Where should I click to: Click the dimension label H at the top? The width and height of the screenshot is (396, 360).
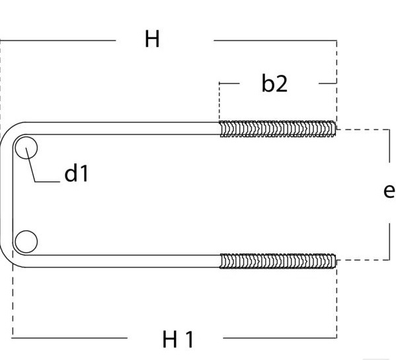click(152, 38)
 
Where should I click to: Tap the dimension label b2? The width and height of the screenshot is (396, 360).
click(274, 83)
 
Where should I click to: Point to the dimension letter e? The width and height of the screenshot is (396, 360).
click(389, 191)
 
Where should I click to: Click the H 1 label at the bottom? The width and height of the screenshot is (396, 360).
click(178, 339)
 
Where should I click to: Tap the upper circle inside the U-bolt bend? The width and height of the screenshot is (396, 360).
click(26, 148)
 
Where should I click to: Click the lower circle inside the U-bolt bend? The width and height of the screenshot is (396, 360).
click(26, 242)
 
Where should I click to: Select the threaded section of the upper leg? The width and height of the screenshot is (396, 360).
click(278, 129)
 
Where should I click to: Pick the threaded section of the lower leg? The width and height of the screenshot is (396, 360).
click(278, 261)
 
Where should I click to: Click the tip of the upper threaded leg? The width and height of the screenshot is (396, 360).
click(336, 129)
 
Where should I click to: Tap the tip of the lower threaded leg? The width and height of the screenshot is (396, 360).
click(336, 261)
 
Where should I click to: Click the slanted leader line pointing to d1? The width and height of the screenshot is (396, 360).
click(30, 165)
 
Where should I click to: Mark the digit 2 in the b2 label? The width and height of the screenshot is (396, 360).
click(281, 84)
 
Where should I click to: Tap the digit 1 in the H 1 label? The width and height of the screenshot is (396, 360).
click(190, 339)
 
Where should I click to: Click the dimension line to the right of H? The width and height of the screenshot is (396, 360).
click(275, 40)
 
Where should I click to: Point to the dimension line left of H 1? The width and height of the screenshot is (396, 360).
click(69, 337)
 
